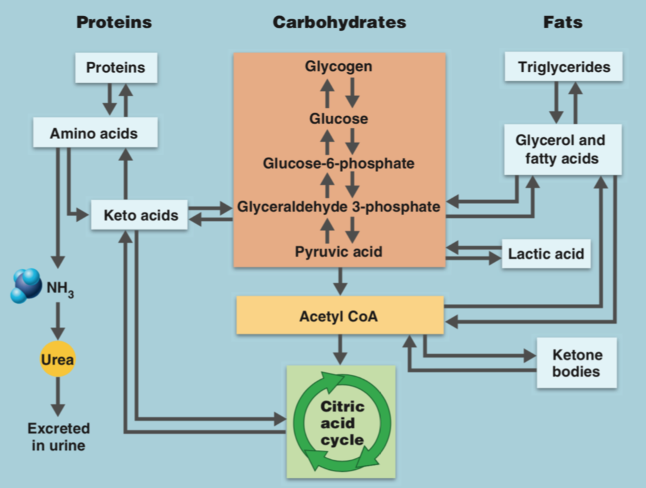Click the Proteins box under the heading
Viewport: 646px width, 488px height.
click(x=116, y=68)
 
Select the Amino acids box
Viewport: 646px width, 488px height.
click(x=94, y=134)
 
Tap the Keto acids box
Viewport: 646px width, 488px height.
click(x=140, y=214)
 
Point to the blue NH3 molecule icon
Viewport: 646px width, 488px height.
click(x=28, y=285)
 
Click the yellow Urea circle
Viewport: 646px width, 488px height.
click(x=57, y=359)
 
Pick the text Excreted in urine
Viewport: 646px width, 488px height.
click(x=58, y=436)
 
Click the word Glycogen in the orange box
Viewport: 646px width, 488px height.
click(x=339, y=66)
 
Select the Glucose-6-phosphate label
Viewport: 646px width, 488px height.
click(x=339, y=164)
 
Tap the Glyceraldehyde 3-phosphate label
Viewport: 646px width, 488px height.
click(x=339, y=207)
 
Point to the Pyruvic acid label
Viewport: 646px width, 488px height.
click(x=339, y=252)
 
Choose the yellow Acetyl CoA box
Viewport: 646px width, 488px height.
click(x=339, y=315)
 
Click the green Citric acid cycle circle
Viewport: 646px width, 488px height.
click(x=341, y=423)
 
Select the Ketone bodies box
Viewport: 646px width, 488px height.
click(x=576, y=363)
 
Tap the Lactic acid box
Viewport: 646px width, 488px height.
click(x=546, y=254)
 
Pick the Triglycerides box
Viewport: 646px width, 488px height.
click(x=564, y=67)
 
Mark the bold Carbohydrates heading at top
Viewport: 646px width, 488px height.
click(x=339, y=23)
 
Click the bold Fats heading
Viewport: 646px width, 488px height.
click(x=563, y=23)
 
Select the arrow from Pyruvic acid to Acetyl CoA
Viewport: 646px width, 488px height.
click(x=340, y=281)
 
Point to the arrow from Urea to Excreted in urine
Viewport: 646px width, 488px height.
click(x=58, y=396)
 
